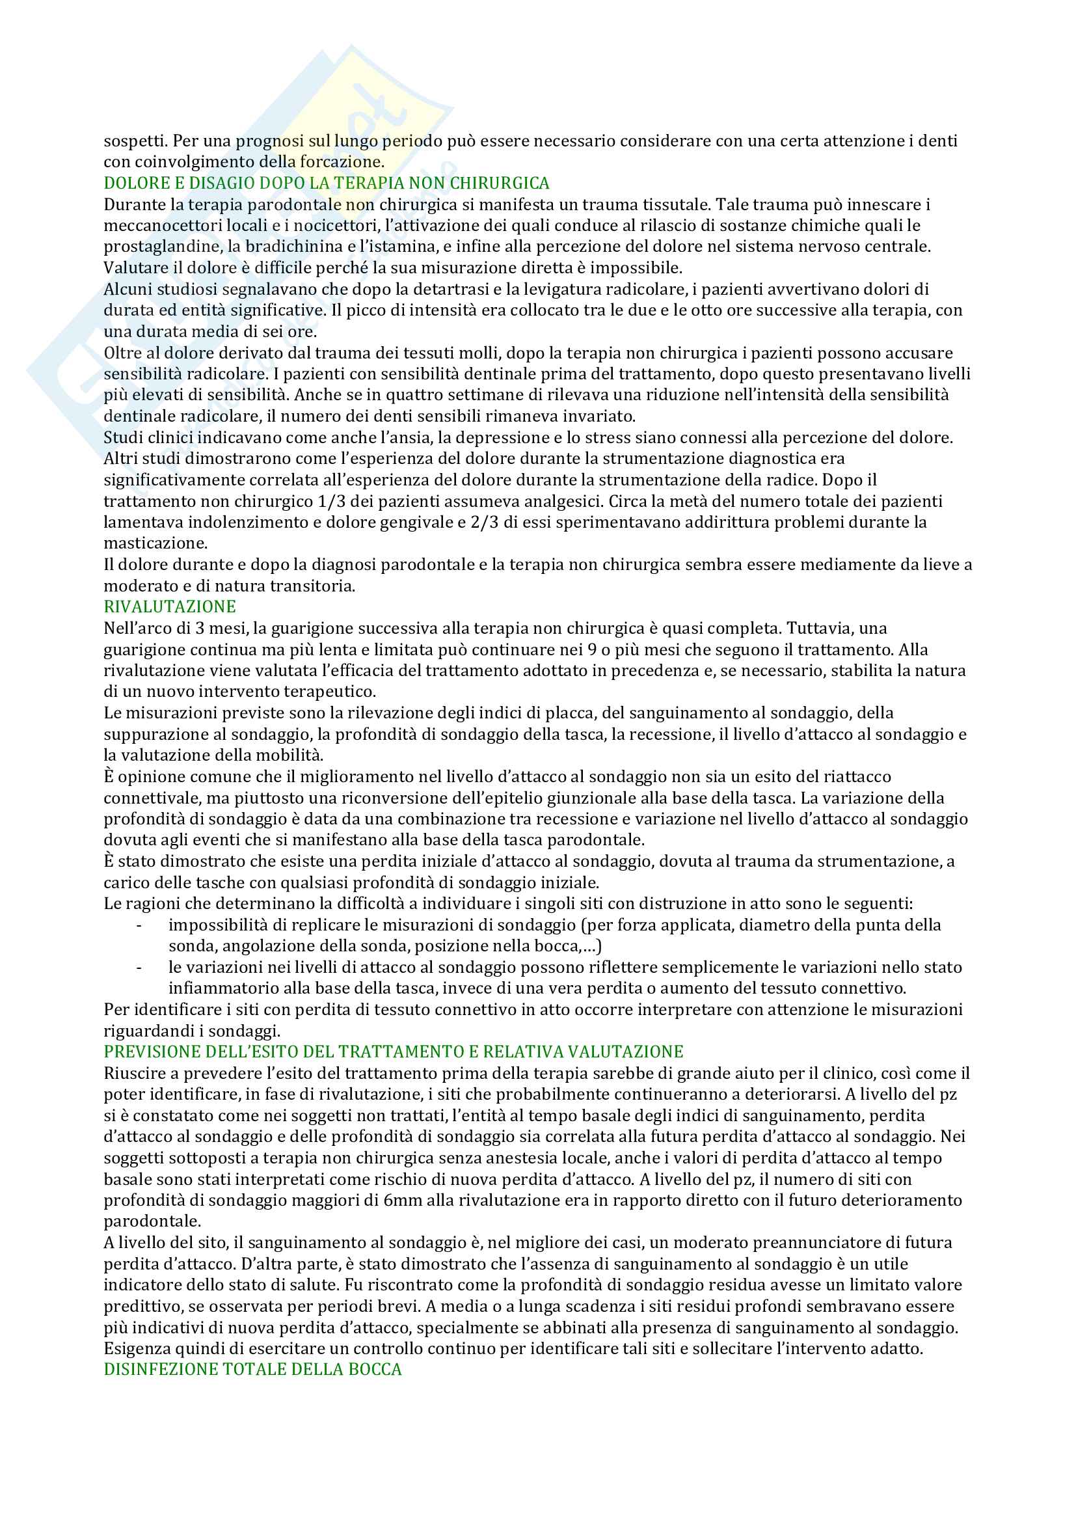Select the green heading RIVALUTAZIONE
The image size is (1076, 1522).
[x=170, y=606]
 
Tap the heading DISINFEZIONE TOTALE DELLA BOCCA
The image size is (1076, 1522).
[x=252, y=1370]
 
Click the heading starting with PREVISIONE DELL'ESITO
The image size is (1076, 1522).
[x=393, y=1052]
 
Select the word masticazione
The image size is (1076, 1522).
[x=155, y=543]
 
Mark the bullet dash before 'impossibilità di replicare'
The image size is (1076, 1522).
[x=139, y=925]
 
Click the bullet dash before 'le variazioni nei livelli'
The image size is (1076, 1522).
[x=139, y=968]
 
